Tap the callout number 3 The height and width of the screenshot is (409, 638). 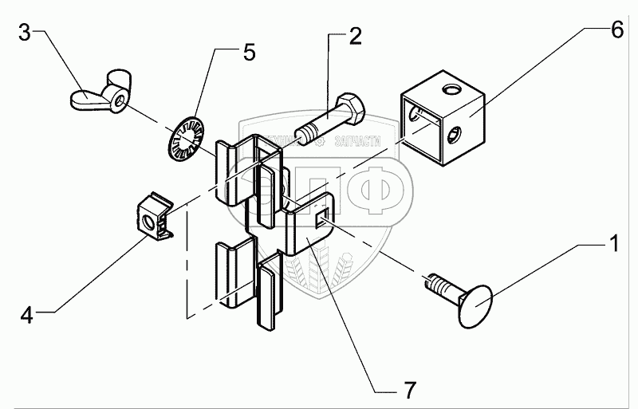(26, 33)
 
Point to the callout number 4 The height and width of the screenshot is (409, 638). (26, 316)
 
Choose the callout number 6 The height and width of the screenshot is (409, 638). (616, 31)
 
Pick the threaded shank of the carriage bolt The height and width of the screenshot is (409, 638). (435, 284)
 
